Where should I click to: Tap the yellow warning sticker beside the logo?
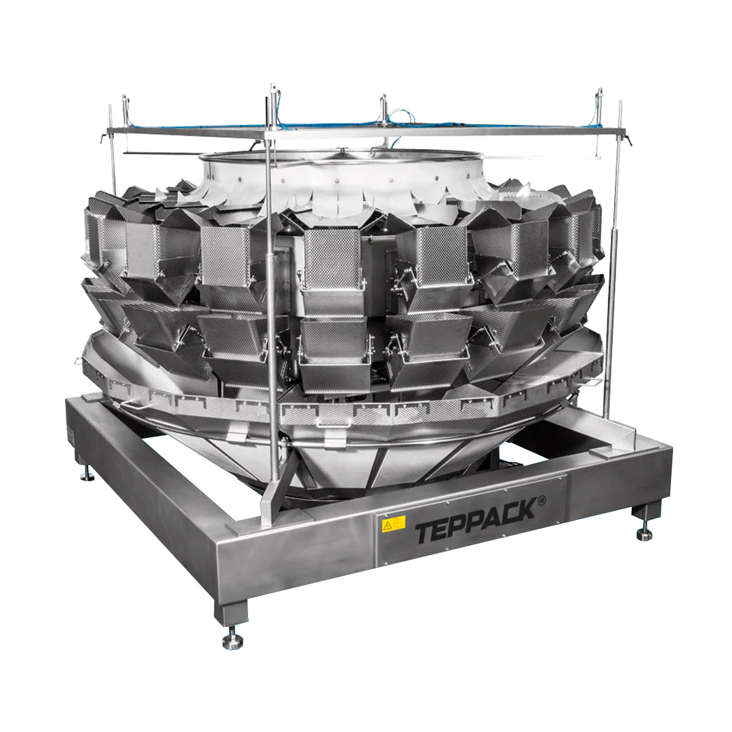pyautogui.click(x=393, y=524)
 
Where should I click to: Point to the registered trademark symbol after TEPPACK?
pyautogui.click(x=542, y=500)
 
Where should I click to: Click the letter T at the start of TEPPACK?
pyautogui.click(x=424, y=532)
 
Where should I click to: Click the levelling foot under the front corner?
pyautogui.click(x=232, y=638)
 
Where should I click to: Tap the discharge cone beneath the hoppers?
pyautogui.click(x=339, y=461)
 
